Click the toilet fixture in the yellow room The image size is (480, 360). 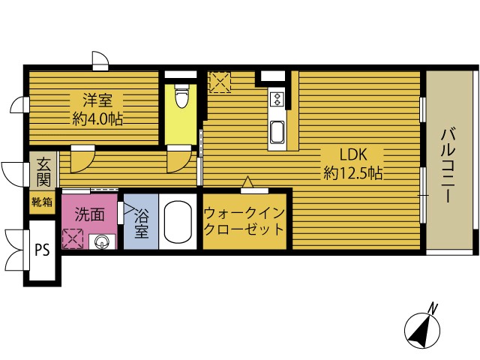(x=181, y=96)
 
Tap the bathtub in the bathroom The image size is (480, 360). (x=178, y=222)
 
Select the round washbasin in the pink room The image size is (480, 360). (x=101, y=242)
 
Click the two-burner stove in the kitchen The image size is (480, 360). (x=277, y=98)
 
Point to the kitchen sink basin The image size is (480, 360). (x=277, y=132)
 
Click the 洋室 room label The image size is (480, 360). (x=97, y=100)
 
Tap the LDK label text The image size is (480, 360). (x=353, y=154)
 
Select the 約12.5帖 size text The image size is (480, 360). (x=353, y=173)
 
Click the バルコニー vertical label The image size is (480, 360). (x=448, y=166)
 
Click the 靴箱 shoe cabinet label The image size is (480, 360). (x=42, y=202)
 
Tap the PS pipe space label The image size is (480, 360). (x=42, y=250)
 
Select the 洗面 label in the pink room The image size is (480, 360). (x=90, y=214)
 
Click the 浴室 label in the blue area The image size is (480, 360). (x=142, y=223)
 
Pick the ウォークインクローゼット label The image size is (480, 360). (x=244, y=221)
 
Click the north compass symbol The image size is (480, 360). (x=422, y=330)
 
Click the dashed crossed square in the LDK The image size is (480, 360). (x=220, y=82)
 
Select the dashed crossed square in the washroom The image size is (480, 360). (x=73, y=238)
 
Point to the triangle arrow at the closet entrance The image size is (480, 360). (x=248, y=182)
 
